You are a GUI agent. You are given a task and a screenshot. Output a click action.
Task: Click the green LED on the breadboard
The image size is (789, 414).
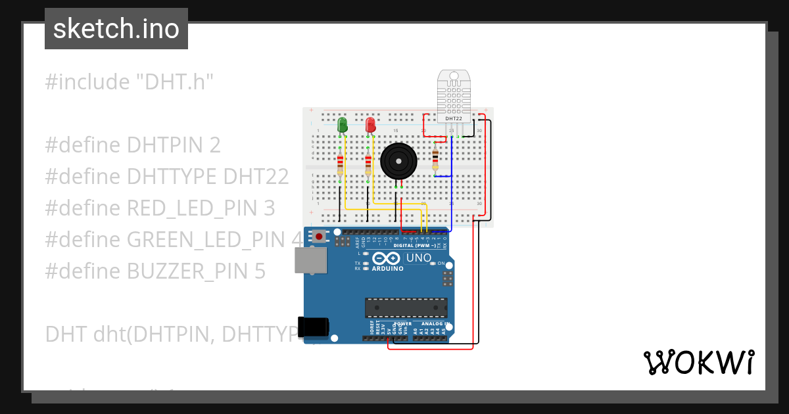[x=342, y=124]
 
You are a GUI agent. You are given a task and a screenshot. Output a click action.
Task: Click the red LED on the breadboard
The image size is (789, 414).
[x=370, y=124]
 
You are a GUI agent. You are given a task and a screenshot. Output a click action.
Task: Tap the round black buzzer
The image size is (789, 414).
[x=398, y=161]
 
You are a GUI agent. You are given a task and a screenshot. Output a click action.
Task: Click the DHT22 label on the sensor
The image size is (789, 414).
[x=454, y=119]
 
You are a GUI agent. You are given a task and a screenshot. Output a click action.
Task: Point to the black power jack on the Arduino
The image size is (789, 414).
[x=312, y=328]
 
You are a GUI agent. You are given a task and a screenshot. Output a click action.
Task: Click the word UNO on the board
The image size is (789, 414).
[x=419, y=258]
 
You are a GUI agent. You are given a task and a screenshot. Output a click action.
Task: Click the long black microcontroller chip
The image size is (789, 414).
[x=406, y=308]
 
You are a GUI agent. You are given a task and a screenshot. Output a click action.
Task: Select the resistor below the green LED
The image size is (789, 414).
[x=340, y=165]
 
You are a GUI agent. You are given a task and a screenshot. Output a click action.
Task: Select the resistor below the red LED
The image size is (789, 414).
[x=368, y=165]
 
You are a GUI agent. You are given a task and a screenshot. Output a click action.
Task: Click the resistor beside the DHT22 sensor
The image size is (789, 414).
[x=435, y=159]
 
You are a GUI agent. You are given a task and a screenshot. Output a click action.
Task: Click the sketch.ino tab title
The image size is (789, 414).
[x=116, y=29]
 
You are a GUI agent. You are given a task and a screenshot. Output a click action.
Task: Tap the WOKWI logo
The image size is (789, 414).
[x=698, y=362]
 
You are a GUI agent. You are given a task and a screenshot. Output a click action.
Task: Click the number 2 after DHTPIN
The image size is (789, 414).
[x=214, y=145]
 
